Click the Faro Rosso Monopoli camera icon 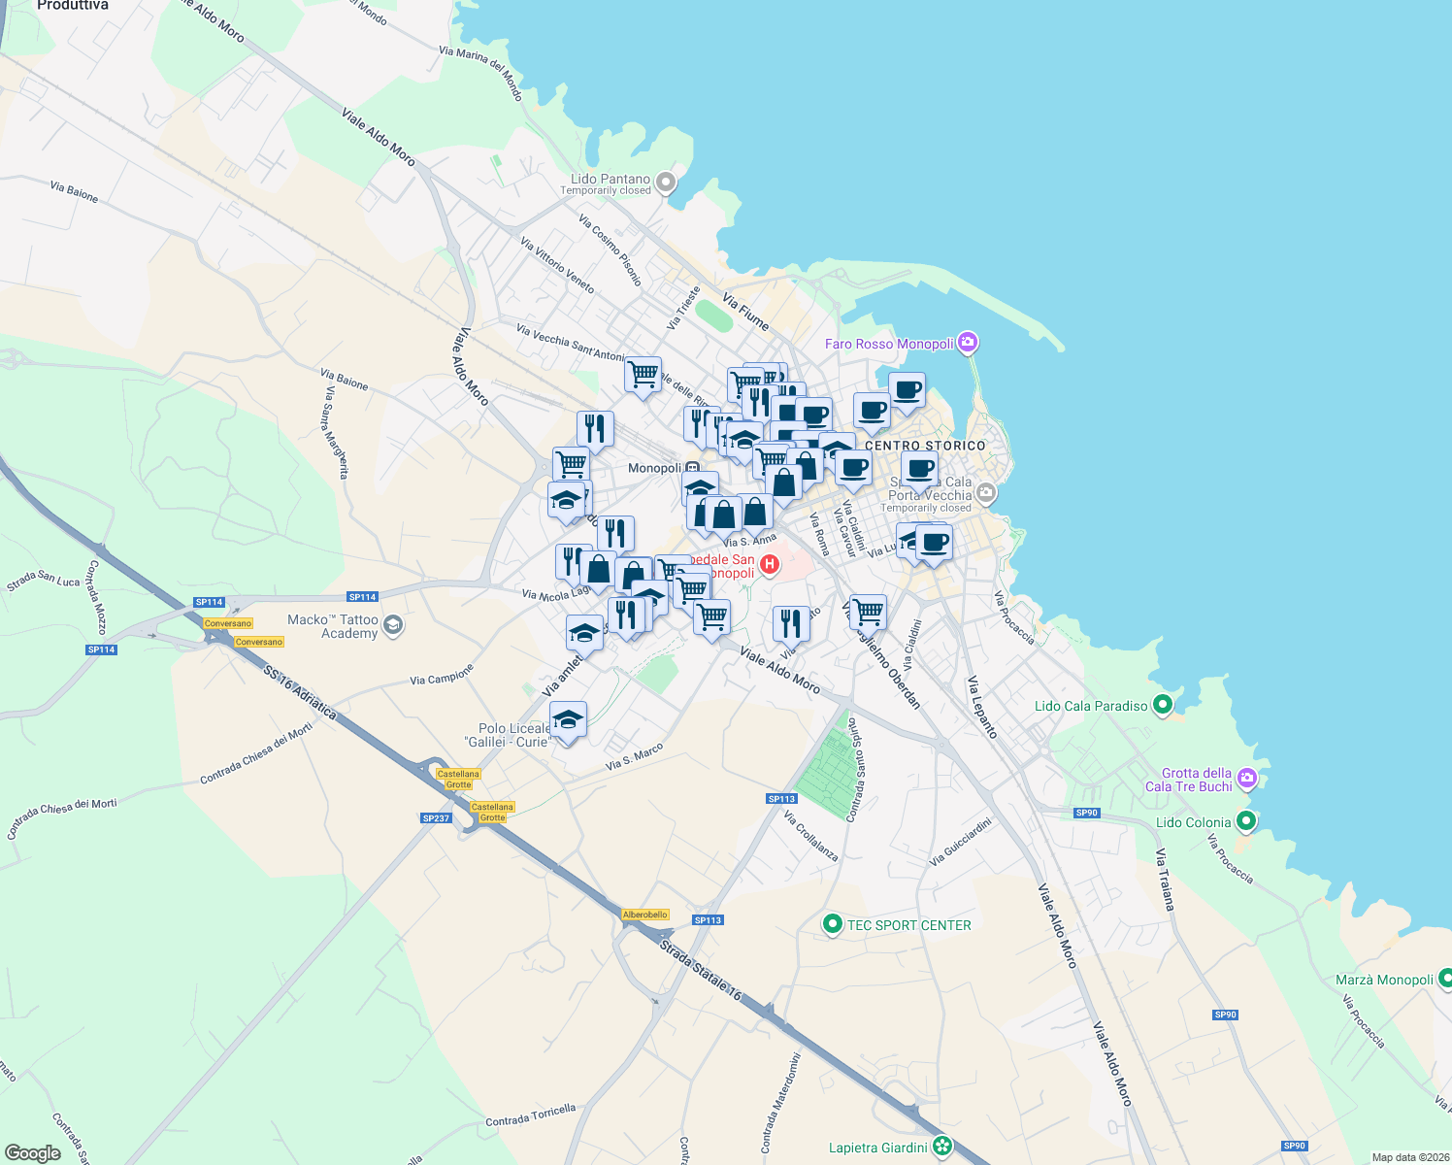pos(967,343)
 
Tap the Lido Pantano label pos(610,180)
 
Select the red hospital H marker pos(770,564)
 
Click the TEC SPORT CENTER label pos(908,925)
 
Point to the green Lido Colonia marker pos(1246,822)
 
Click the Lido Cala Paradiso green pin pos(1163,706)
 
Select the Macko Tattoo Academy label pos(333,626)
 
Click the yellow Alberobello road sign pos(645,915)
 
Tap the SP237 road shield pos(436,818)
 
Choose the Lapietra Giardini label pos(877,1148)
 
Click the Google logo pos(33,1153)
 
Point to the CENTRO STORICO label pos(925,446)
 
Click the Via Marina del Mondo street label pos(480,73)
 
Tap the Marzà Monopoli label pos(1384,980)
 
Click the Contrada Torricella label pos(530,1115)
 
